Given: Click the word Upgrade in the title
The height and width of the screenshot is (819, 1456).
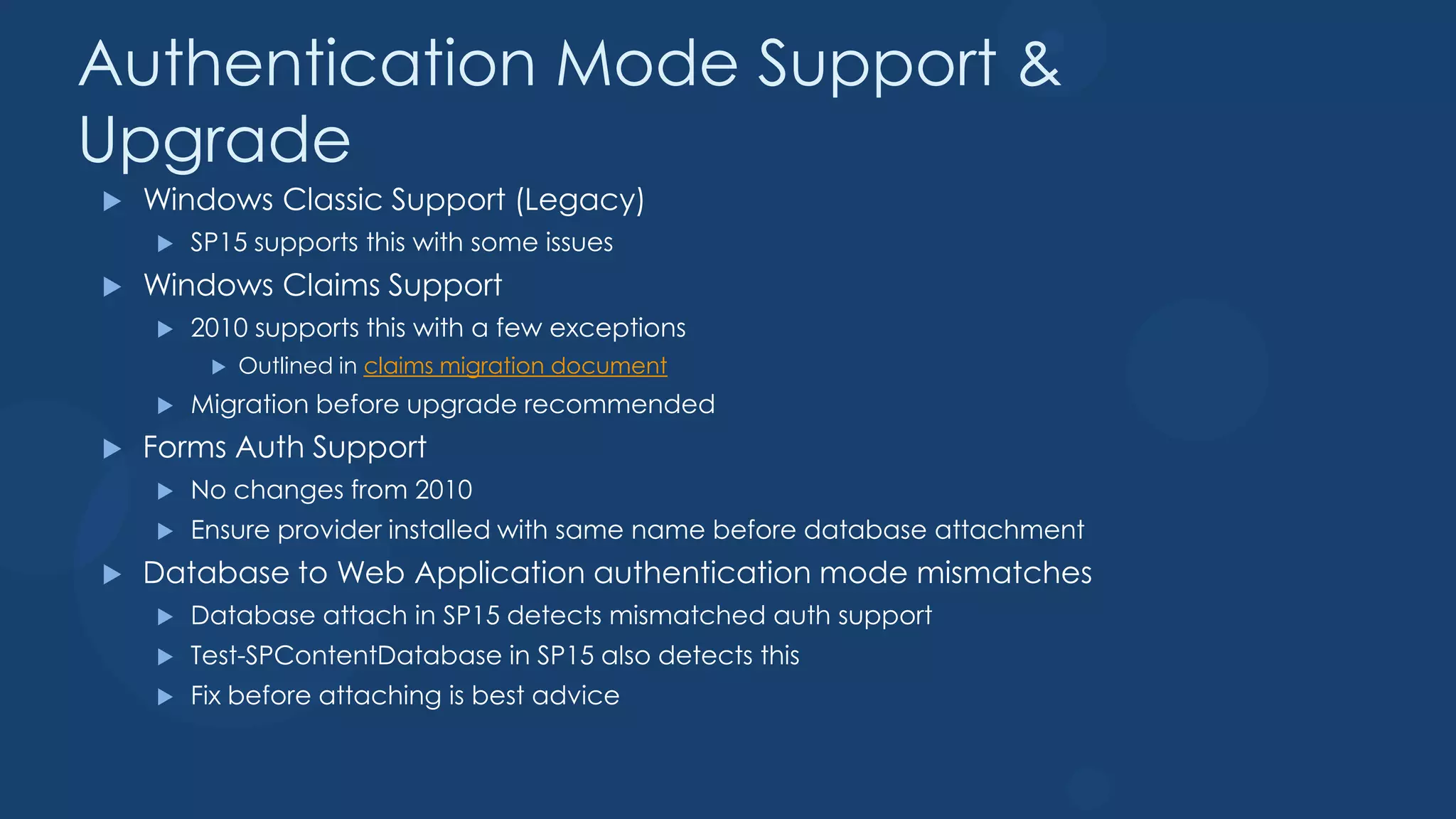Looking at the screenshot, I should point(215,141).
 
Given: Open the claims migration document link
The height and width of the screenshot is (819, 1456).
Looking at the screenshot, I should point(515,366).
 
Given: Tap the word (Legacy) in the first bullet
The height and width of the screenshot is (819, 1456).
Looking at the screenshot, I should point(580,200).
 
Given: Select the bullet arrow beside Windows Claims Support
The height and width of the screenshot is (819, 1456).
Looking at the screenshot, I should point(112,287).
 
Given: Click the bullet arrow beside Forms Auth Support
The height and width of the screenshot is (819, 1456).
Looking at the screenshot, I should point(112,449).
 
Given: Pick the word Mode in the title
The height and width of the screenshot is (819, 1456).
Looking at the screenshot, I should point(647,64).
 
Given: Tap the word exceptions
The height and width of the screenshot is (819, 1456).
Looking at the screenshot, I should point(617,328).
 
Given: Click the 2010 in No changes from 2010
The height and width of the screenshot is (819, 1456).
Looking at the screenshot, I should point(444,490).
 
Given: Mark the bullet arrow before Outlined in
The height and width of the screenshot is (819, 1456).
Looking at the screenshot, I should point(219,367).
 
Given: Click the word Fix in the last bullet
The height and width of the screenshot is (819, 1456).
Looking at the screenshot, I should point(205,695).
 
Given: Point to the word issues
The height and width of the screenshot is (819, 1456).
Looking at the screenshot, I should point(579,243).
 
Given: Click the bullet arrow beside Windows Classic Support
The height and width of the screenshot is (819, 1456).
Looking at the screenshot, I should point(112,202).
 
